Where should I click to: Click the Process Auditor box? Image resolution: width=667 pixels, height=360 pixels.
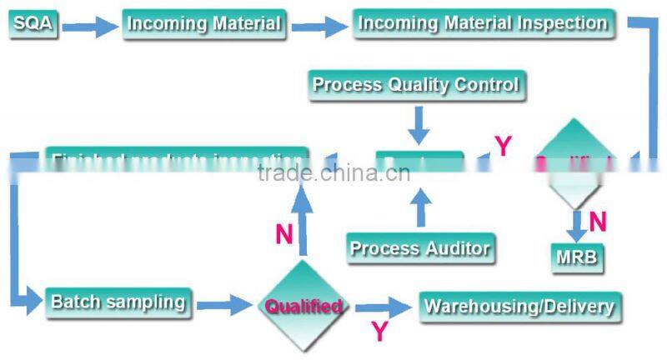(419, 247)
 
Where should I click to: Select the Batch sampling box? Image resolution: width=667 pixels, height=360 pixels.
(118, 301)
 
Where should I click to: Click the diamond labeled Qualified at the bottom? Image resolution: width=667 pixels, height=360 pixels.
(303, 306)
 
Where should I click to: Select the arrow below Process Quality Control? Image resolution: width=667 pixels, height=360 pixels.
(419, 126)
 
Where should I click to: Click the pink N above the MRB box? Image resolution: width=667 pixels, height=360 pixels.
(597, 222)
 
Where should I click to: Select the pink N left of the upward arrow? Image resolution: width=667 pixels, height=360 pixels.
(284, 235)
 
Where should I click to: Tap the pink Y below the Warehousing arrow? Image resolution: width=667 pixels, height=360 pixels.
(379, 332)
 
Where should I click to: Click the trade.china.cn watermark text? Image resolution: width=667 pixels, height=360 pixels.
(333, 173)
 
